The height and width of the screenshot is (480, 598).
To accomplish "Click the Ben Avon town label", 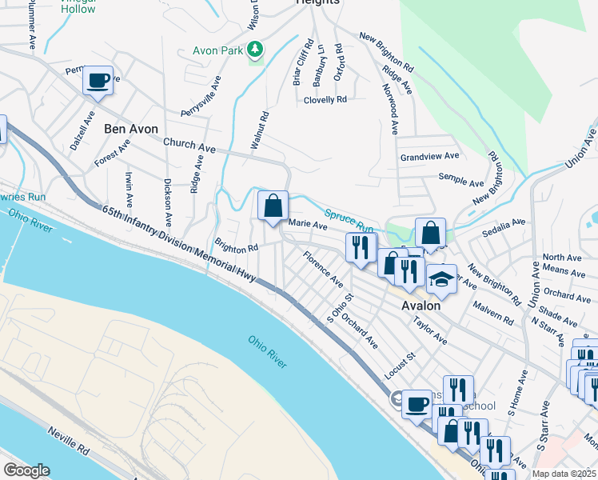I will click(131, 129).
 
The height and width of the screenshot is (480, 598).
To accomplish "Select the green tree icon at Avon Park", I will click(255, 50).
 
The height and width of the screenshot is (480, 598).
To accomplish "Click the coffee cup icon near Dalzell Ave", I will click(98, 82).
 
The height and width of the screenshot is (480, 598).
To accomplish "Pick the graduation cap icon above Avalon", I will click(441, 280).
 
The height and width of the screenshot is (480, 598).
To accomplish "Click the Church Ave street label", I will click(189, 145).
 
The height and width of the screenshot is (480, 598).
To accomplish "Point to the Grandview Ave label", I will click(430, 156).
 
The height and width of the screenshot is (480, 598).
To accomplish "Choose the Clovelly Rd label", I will click(325, 100).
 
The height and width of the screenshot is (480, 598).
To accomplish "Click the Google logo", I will click(26, 470).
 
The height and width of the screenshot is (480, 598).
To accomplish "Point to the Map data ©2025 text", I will click(563, 474).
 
